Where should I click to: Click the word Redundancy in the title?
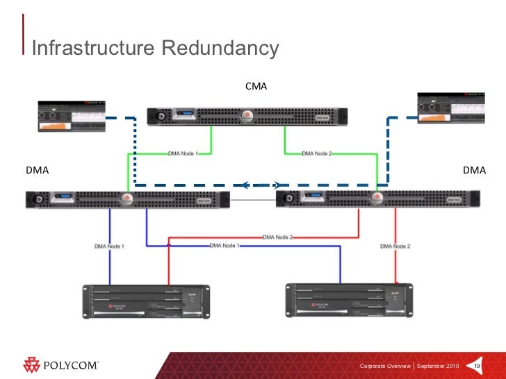click(220, 48)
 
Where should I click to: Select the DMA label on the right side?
click(474, 169)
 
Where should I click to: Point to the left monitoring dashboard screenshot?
click(71, 116)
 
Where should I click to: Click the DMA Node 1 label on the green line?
click(183, 154)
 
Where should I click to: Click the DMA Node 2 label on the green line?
click(316, 154)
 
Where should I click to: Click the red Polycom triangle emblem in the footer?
click(32, 364)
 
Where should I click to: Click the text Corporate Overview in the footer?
click(384, 366)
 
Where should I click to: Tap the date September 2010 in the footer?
click(437, 366)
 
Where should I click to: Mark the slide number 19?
click(478, 366)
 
